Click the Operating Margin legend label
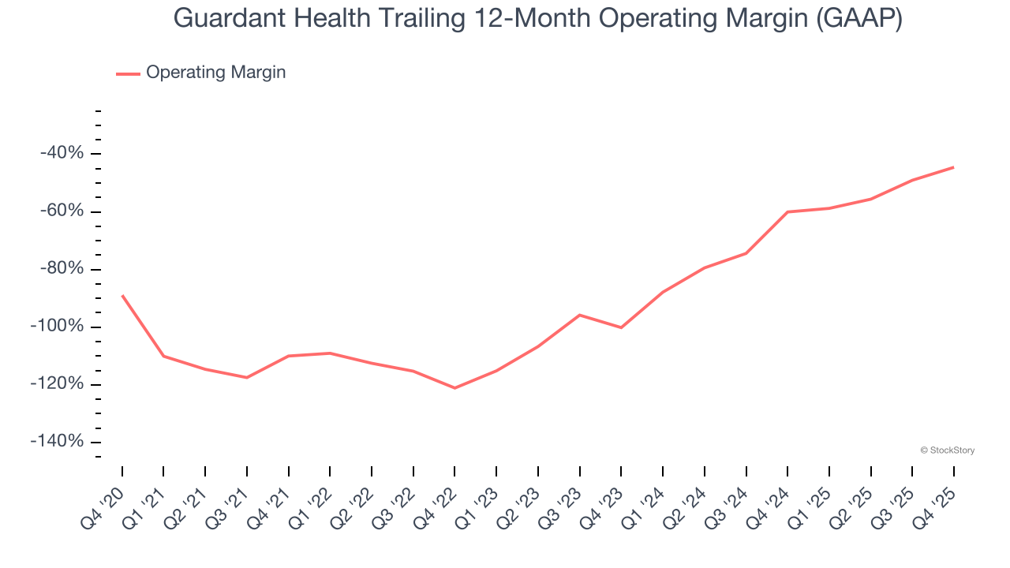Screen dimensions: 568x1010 [x=215, y=73]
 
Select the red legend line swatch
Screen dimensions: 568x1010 [x=128, y=73]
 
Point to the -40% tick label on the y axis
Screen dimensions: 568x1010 [x=62, y=153]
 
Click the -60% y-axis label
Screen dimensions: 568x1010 [x=62, y=211]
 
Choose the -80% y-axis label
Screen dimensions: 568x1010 [x=62, y=269]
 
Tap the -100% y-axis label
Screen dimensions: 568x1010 [x=57, y=327]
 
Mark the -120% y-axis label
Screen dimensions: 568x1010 [x=57, y=384]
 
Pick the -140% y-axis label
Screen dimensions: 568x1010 [x=57, y=442]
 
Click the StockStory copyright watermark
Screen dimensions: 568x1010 [x=947, y=450]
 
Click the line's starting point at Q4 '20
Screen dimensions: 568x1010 [x=122, y=295]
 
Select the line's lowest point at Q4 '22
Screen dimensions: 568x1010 [x=454, y=388]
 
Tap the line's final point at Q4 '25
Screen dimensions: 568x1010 [x=953, y=167]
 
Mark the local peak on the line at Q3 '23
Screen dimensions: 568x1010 [x=580, y=315]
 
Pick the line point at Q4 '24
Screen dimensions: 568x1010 [x=787, y=212]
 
